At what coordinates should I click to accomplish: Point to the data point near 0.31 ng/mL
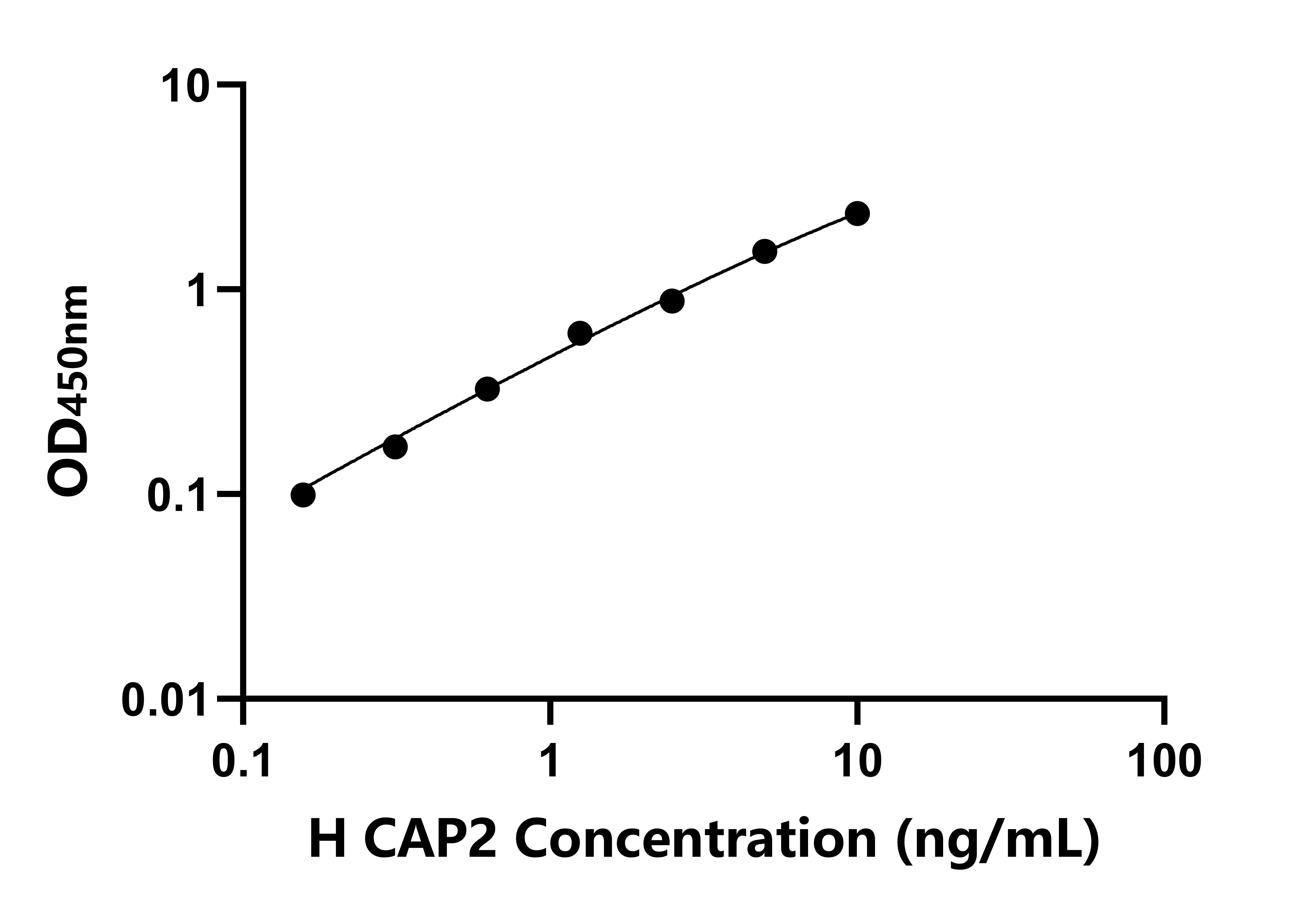pos(395,447)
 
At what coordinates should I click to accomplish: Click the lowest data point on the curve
pos(303,495)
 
